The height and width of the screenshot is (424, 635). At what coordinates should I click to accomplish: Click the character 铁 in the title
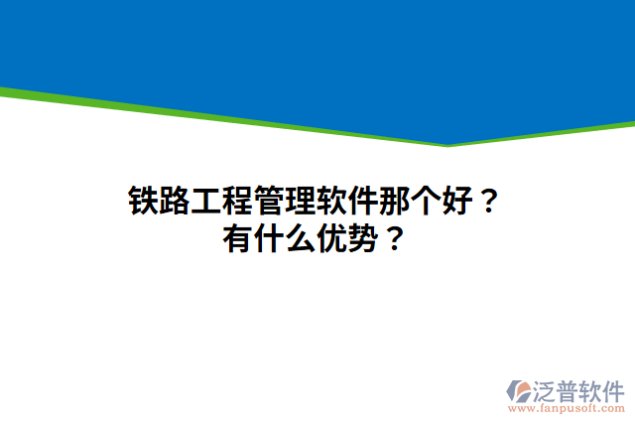click(x=144, y=202)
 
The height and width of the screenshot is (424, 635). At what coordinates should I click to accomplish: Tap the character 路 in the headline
click(x=175, y=202)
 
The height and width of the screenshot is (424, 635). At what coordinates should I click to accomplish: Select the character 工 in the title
click(x=205, y=202)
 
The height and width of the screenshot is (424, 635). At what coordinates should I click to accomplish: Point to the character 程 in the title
click(x=237, y=202)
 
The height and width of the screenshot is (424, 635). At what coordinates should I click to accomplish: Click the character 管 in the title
click(x=268, y=202)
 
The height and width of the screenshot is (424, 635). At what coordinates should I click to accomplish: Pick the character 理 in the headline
click(x=299, y=202)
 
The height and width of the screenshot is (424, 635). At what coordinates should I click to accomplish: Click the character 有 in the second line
click(x=238, y=239)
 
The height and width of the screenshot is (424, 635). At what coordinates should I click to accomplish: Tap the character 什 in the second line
click(x=269, y=239)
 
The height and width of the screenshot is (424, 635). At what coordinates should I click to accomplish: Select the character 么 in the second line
click(x=300, y=239)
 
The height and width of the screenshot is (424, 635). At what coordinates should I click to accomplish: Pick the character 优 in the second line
click(x=330, y=239)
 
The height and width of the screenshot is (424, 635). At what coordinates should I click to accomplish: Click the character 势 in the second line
click(x=362, y=239)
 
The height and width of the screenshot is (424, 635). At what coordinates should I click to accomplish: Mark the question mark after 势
click(x=393, y=239)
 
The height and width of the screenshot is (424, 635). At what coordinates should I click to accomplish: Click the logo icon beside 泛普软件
click(x=520, y=389)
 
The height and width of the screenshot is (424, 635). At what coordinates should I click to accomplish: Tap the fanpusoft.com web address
click(x=567, y=408)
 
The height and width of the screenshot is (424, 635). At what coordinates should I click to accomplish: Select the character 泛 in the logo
click(x=549, y=388)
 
